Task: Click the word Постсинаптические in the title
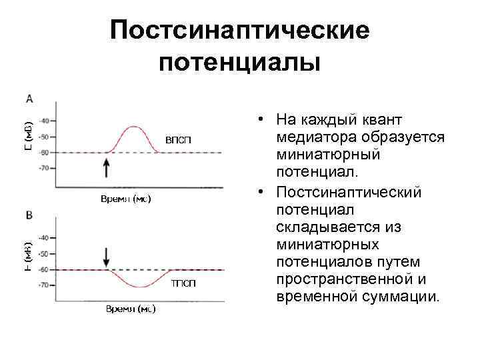point(240,31)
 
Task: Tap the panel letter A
point(29,99)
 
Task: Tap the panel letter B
point(29,215)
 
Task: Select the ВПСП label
point(178,139)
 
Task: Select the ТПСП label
point(183,284)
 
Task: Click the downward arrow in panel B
point(106,255)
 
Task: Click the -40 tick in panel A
point(45,121)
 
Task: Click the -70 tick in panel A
point(45,168)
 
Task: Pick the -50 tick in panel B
point(43,254)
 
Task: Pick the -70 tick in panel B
point(43,285)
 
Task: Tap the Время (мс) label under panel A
point(125,199)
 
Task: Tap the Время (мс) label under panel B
point(129,309)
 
